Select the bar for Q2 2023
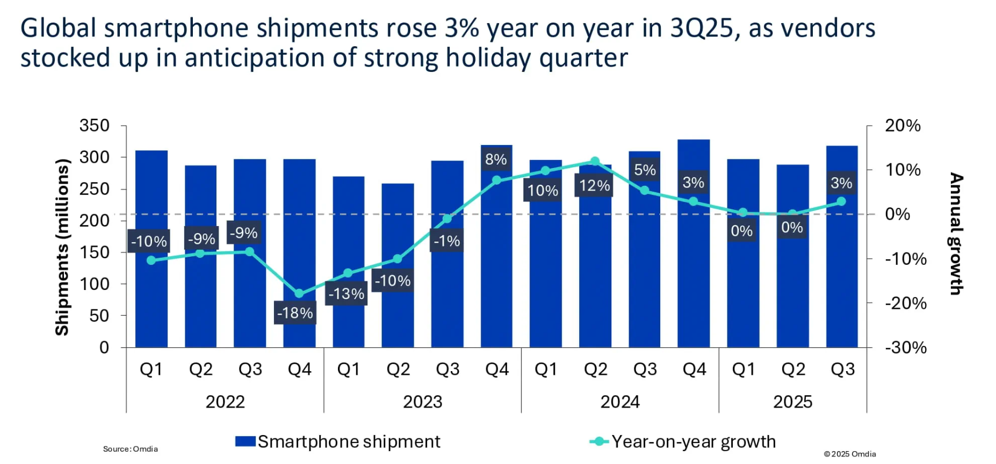tap(398, 301)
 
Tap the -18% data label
tap(295, 313)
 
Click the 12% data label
tap(594, 186)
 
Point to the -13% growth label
tap(347, 294)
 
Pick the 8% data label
tap(496, 160)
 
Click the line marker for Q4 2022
tap(299, 294)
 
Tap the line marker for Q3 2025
tap(841, 201)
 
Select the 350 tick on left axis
tap(95, 126)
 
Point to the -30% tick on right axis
tap(906, 347)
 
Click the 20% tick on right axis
tap(903, 126)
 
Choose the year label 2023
tap(422, 402)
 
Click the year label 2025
tap(792, 402)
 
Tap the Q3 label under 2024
tap(645, 369)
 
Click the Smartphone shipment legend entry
tap(338, 441)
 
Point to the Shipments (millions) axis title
tap(63, 247)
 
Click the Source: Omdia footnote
tap(131, 449)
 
